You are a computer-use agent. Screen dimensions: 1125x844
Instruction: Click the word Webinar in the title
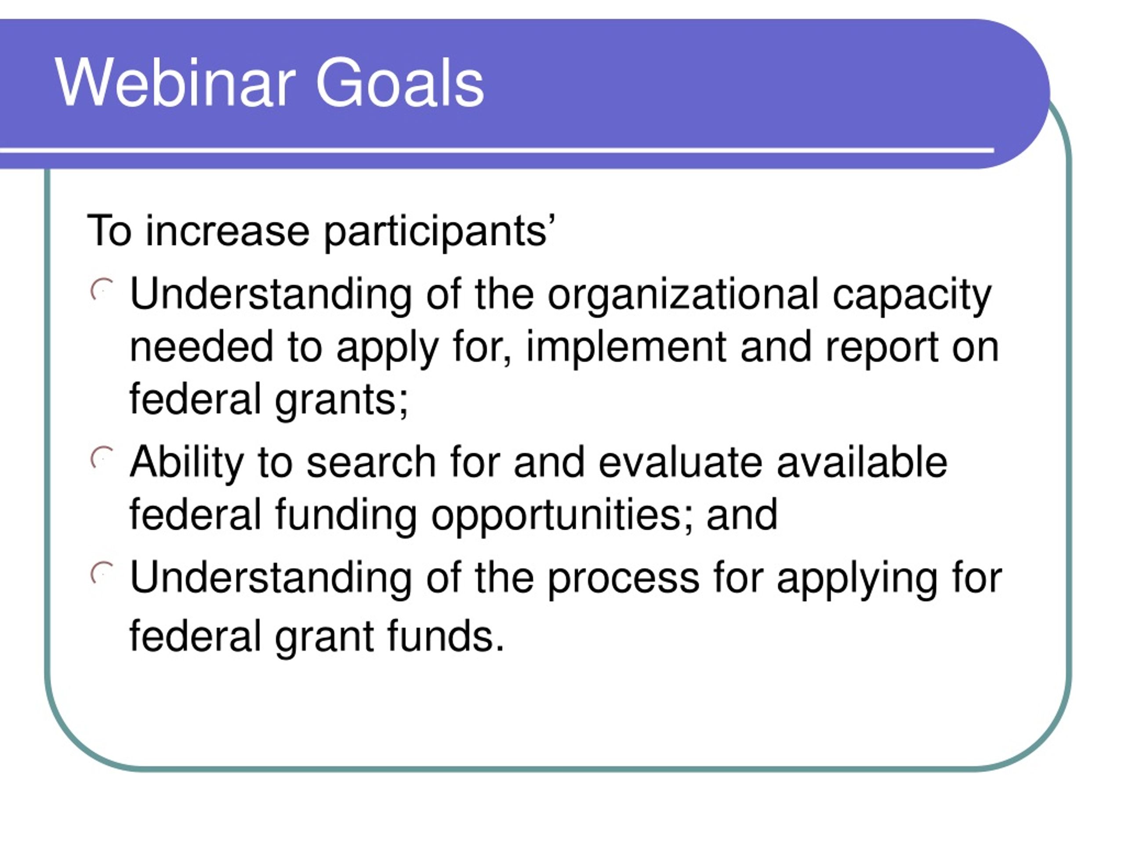(175, 82)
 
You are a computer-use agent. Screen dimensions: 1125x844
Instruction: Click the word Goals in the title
(400, 82)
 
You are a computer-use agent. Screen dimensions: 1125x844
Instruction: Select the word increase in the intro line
(227, 231)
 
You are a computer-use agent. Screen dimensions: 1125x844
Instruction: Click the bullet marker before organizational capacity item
(102, 290)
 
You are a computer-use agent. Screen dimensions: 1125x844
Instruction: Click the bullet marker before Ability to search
(102, 458)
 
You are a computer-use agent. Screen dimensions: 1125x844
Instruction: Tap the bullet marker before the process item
(102, 574)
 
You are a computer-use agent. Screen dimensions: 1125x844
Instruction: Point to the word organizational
(683, 295)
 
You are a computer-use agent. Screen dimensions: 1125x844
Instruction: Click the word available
(862, 462)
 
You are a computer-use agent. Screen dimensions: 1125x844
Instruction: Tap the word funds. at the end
(446, 636)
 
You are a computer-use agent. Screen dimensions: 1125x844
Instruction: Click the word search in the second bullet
(371, 462)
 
